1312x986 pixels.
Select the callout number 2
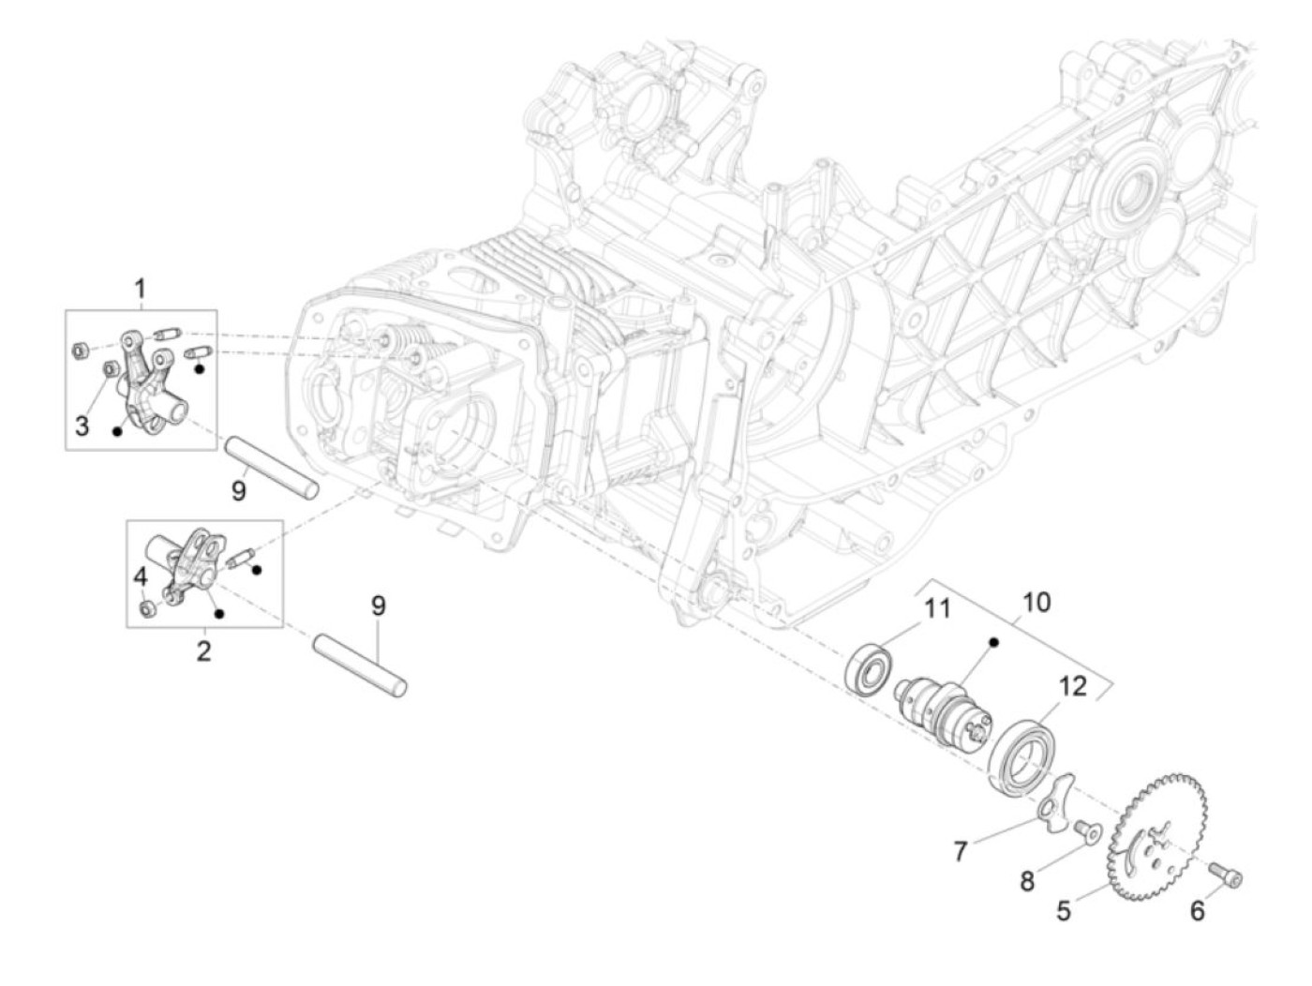click(203, 650)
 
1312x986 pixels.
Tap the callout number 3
click(82, 426)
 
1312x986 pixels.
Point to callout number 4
click(141, 576)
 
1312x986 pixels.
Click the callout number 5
click(1063, 909)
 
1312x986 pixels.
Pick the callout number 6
click(1197, 909)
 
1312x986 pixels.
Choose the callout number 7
click(960, 851)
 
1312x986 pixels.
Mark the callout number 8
click(1027, 881)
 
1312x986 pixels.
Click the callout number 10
click(1036, 601)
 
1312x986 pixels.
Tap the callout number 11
click(936, 609)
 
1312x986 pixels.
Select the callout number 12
click(1072, 686)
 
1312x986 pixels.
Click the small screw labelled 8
click(1087, 831)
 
